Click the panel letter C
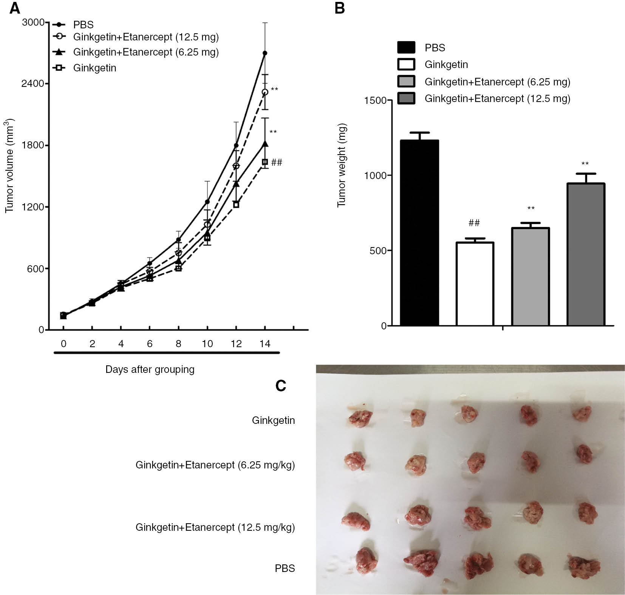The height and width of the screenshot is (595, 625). (x=280, y=386)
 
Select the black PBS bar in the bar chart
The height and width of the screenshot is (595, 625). (x=419, y=232)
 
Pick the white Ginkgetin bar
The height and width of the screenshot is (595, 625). (x=475, y=283)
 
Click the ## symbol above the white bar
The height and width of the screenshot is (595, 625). (x=474, y=223)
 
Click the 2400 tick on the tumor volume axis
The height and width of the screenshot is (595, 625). (x=33, y=83)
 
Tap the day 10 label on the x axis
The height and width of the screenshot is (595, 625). (x=207, y=344)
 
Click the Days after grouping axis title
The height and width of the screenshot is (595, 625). (x=150, y=369)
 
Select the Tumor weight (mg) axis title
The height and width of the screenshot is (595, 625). (x=342, y=165)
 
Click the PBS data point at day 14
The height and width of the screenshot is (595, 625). (x=265, y=53)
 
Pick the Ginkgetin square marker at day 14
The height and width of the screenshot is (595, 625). (x=265, y=162)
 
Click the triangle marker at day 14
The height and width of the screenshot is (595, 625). (x=265, y=144)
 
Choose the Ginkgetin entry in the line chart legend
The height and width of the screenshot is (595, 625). (x=94, y=68)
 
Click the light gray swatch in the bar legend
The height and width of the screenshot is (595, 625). (x=406, y=82)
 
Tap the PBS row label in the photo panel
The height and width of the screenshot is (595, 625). (x=285, y=568)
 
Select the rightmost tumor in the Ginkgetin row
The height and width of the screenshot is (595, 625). (x=582, y=414)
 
